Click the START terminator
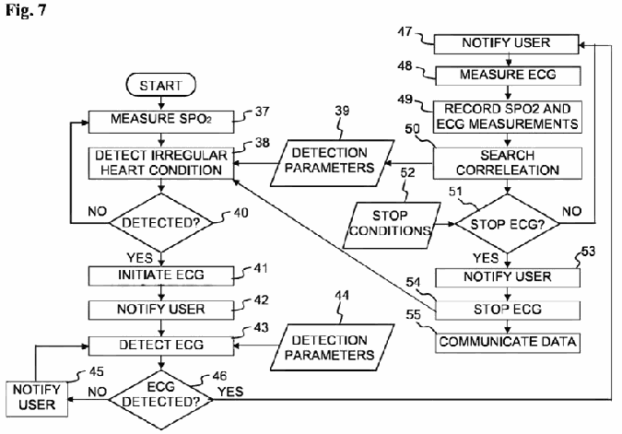[x=160, y=85]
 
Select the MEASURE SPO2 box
[x=161, y=122]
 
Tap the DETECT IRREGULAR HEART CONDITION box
[x=161, y=163]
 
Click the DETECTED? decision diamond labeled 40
[x=161, y=223]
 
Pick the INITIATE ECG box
[x=161, y=276]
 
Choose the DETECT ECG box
[x=161, y=346]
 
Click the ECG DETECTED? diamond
[x=161, y=400]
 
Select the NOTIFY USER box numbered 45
[x=37, y=399]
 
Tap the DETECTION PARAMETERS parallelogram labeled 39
[x=333, y=163]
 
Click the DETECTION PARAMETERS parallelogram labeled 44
[x=333, y=347]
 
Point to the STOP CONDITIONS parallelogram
[x=391, y=226]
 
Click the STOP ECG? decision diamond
[x=508, y=224]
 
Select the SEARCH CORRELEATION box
[x=508, y=163]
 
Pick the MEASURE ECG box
[x=508, y=76]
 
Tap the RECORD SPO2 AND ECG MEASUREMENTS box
[x=508, y=117]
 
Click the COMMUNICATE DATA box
[x=508, y=343]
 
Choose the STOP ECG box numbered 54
[x=508, y=310]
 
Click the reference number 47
[x=405, y=31]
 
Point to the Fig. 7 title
[x=26, y=10]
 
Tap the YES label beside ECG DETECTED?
[x=230, y=392]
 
